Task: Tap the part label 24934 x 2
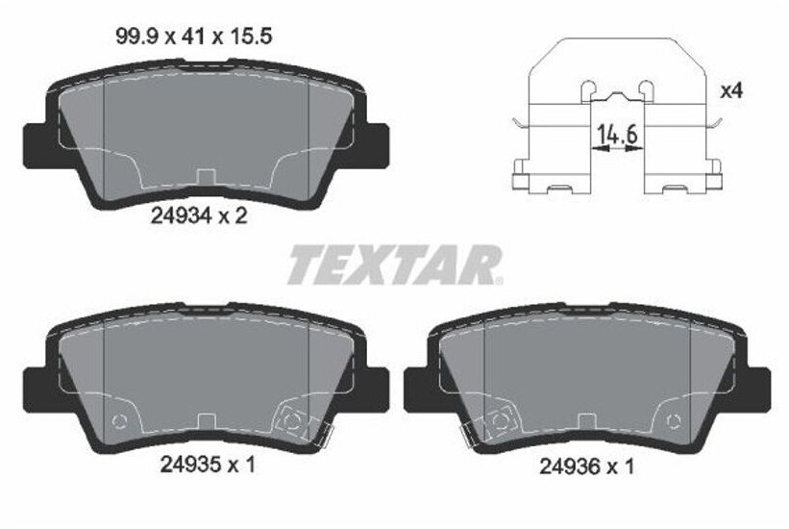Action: point(200,216)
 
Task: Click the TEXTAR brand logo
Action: point(392,264)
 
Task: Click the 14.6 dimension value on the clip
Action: point(617,135)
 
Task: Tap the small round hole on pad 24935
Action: point(119,420)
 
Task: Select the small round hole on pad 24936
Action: point(674,420)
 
